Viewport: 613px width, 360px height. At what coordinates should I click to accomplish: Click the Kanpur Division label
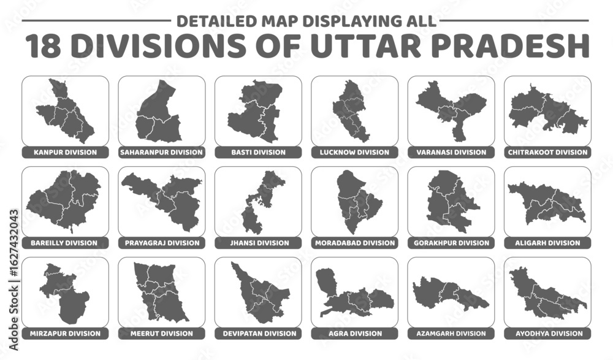click(x=65, y=152)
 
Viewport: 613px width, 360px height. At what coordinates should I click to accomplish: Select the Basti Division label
click(x=258, y=152)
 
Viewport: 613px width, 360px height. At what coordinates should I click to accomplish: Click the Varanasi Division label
click(x=451, y=152)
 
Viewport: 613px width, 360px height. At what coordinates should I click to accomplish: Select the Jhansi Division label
click(x=258, y=243)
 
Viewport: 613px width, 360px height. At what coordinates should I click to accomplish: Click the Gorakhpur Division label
click(x=451, y=243)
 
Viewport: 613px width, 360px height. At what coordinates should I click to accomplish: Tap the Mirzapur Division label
click(x=65, y=334)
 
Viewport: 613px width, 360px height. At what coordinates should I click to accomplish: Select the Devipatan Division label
click(x=258, y=334)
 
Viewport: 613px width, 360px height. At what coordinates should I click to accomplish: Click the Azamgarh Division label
click(x=451, y=334)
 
